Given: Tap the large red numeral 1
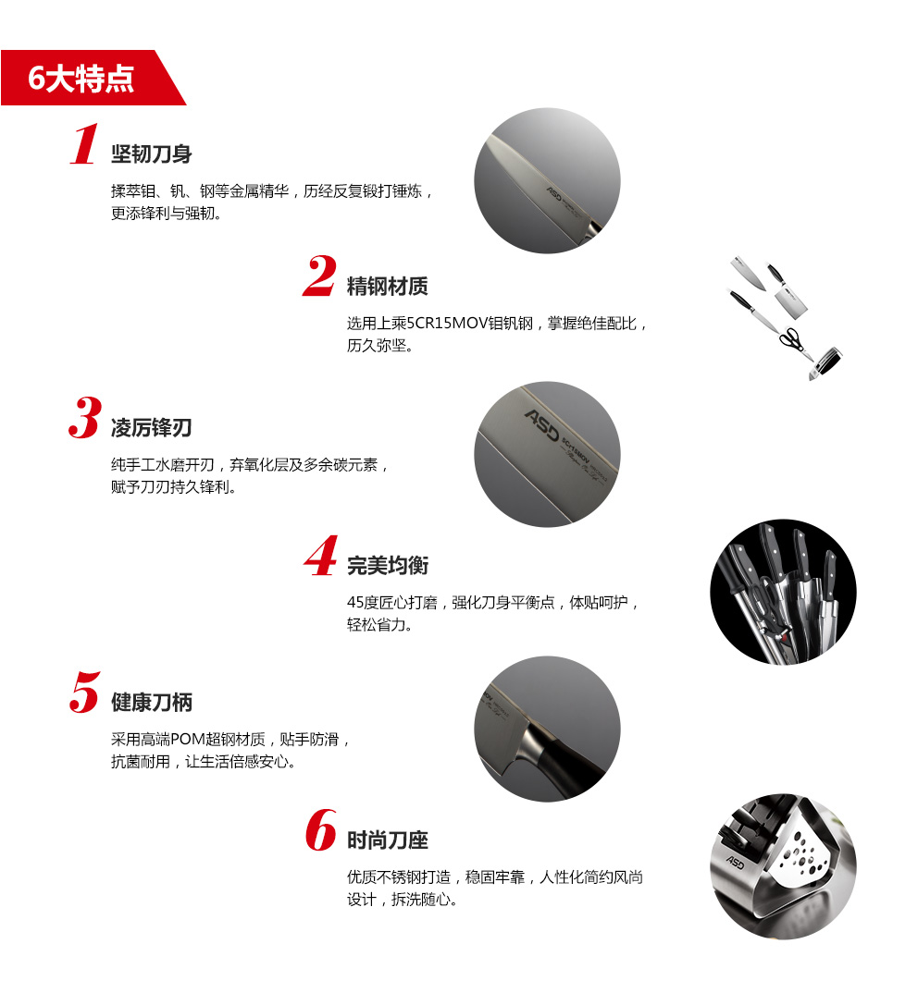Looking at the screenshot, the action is [84, 144].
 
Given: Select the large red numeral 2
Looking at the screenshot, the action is [319, 276].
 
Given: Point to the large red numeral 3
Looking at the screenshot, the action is [85, 417].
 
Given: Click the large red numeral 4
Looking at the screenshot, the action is [321, 556].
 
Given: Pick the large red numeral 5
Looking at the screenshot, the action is [85, 693].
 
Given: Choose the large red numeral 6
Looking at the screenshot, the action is [321, 829].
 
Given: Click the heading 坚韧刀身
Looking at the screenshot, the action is [152, 153].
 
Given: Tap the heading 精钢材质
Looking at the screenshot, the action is [388, 287].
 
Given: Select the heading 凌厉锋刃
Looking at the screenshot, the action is [152, 428].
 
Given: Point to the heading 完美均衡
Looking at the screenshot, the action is [388, 566].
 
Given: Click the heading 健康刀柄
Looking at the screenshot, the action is [152, 703].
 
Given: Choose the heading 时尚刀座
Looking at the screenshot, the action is [388, 840].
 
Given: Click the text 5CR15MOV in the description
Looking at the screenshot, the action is [447, 324].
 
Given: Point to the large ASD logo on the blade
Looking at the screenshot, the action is [542, 424].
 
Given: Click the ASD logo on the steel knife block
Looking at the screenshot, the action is [736, 863].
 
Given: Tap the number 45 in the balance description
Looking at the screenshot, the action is [354, 603].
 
